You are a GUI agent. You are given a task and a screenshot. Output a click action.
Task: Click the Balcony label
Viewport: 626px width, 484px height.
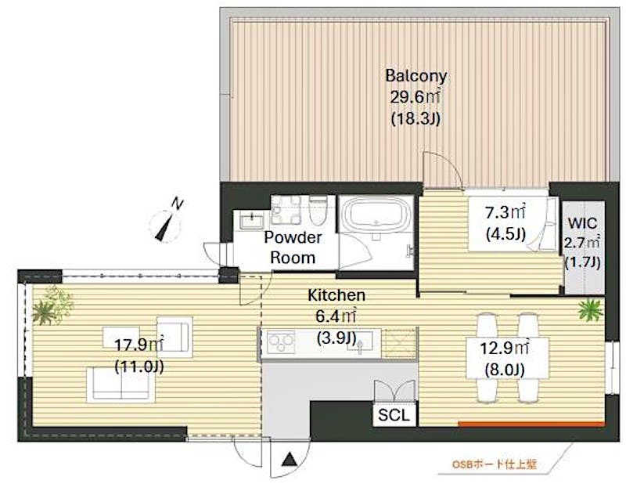[x=416, y=75]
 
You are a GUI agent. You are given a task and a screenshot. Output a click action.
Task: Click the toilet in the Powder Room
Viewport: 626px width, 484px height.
[x=318, y=211]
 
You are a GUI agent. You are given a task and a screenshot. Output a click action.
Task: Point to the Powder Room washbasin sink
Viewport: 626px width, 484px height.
[x=251, y=220]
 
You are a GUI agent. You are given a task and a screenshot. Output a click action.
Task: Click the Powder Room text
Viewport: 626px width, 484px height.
[x=293, y=247]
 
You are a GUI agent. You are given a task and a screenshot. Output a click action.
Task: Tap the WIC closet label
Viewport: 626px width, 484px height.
[x=582, y=223]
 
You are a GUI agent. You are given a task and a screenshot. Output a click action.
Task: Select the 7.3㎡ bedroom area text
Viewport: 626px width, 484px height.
[x=505, y=213]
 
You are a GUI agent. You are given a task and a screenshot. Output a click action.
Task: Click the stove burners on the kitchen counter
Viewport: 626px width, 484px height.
[x=281, y=342]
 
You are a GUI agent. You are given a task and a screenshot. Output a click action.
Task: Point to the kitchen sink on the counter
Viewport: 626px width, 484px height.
[x=360, y=343]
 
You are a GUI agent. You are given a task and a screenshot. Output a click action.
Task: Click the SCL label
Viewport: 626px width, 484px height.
[x=394, y=415]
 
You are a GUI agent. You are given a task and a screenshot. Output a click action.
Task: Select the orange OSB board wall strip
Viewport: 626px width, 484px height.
[x=531, y=424]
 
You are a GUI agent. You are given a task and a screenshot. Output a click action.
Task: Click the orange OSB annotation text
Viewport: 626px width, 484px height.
[x=494, y=464]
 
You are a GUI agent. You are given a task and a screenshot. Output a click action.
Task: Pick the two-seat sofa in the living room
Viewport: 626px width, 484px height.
[x=121, y=385]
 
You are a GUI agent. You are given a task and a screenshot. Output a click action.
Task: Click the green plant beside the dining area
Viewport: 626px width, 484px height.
[x=591, y=309]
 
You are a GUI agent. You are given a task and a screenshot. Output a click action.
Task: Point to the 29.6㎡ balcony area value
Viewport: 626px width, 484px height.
[x=416, y=97]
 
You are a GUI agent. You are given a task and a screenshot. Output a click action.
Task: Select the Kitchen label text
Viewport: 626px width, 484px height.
[x=336, y=295]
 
